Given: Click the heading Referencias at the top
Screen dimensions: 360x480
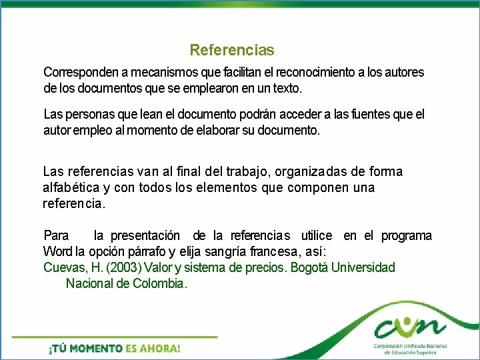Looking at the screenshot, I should point(231,50).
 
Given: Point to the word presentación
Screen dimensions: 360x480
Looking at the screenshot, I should point(145,235).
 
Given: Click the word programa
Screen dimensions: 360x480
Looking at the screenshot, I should point(407,235).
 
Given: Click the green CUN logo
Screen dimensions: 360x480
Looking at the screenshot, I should point(409,326).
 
